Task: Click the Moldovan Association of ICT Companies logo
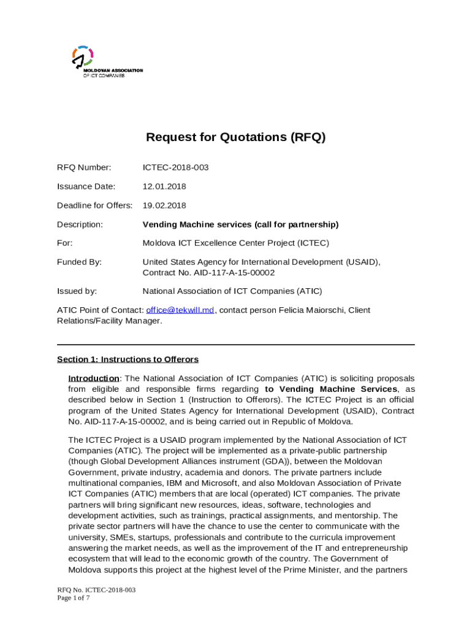pyautogui.click(x=92, y=61)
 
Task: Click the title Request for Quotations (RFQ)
pyautogui.click(x=235, y=137)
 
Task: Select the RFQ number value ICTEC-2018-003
pyautogui.click(x=175, y=167)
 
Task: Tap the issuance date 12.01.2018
pyautogui.click(x=164, y=186)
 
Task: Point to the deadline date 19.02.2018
pyautogui.click(x=164, y=205)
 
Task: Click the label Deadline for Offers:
pyautogui.click(x=94, y=205)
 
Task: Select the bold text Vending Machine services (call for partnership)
pyautogui.click(x=240, y=224)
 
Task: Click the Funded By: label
pyautogui.click(x=79, y=262)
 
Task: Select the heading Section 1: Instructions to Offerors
pyautogui.click(x=128, y=359)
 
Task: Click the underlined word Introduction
pyautogui.click(x=93, y=378)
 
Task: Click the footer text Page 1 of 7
pyautogui.click(x=73, y=598)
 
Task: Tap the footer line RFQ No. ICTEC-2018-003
pyautogui.click(x=96, y=590)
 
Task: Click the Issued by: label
pyautogui.click(x=77, y=291)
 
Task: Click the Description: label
pyautogui.click(x=80, y=224)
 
